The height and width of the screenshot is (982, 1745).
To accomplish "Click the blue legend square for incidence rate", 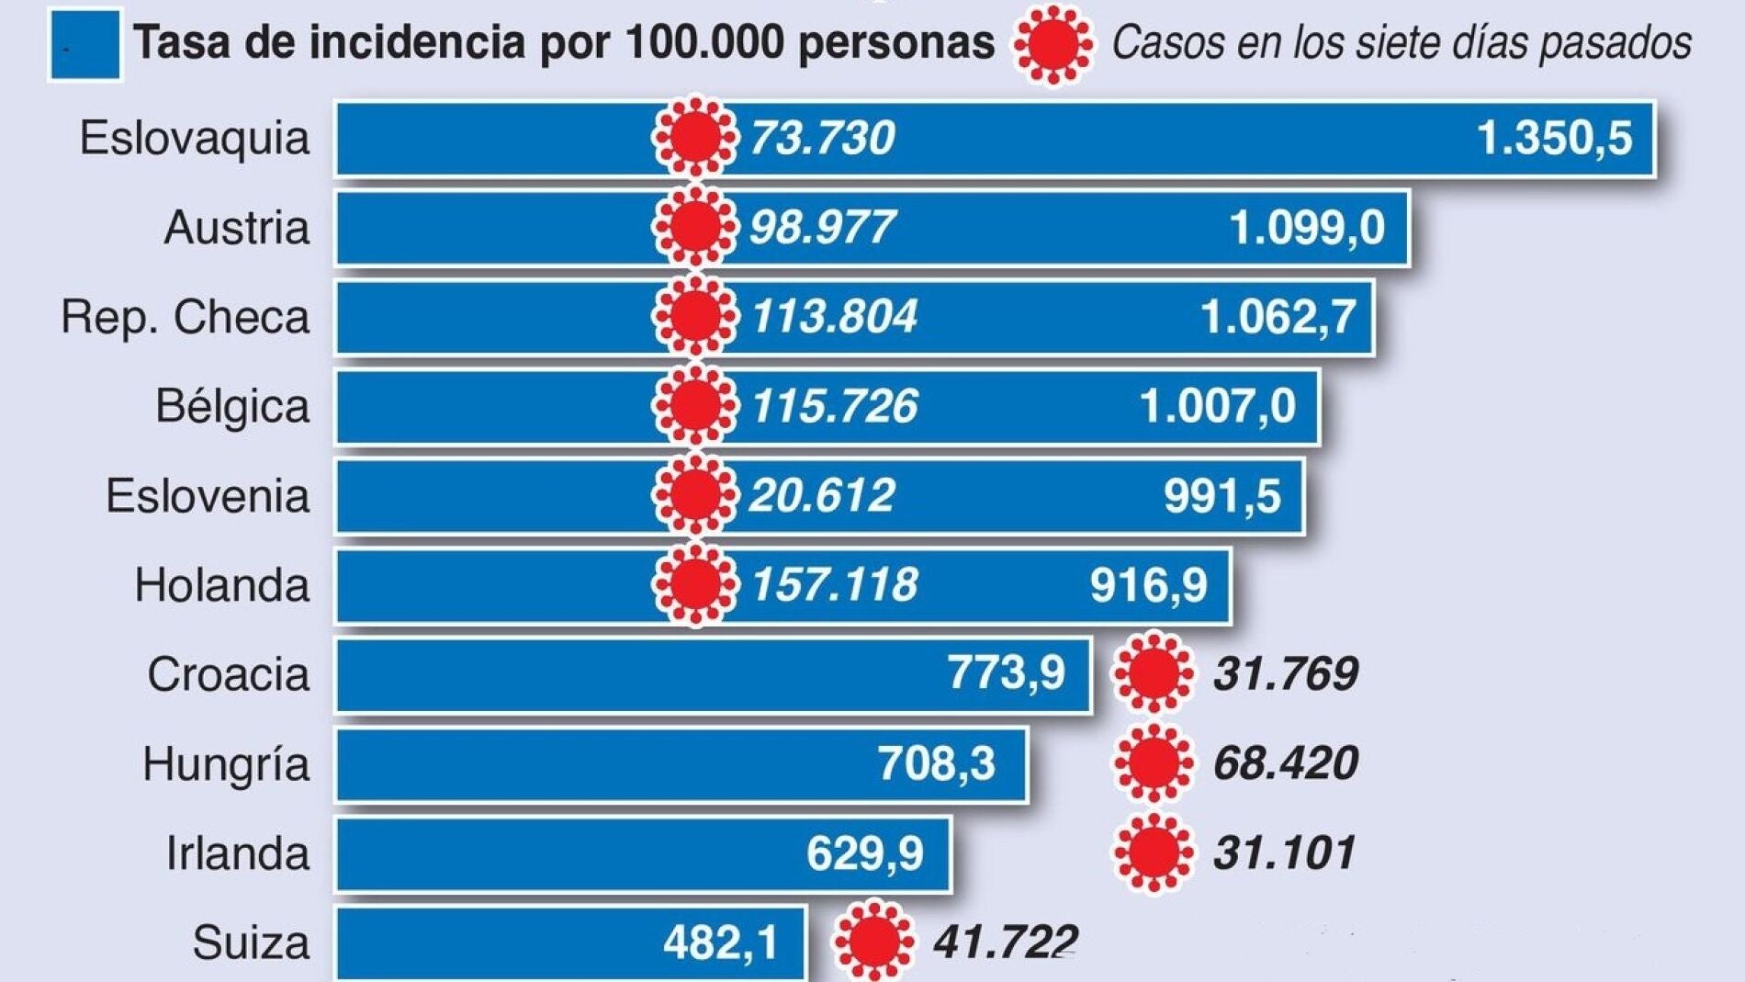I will [84, 45].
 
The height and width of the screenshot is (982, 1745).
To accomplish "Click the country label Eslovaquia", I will [195, 139].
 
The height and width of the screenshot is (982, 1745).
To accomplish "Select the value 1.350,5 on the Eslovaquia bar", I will [1554, 138].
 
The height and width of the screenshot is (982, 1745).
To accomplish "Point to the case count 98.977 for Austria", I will [822, 227].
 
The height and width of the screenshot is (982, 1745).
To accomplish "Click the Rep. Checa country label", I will [186, 317].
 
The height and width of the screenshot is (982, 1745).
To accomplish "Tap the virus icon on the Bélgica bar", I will [695, 405].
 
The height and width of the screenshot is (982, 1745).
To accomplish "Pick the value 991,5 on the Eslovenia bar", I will [1221, 496].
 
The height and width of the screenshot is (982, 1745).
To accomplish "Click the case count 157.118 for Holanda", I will [834, 584].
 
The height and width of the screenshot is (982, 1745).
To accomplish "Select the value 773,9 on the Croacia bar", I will [1006, 672].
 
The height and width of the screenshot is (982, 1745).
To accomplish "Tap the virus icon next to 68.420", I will [1154, 762].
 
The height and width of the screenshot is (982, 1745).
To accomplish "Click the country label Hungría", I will [226, 763].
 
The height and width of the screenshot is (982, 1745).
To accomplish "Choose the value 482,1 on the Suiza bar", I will [720, 942].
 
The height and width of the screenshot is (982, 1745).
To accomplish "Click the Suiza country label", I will [251, 942].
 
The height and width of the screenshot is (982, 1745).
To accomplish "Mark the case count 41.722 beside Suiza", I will [1005, 942].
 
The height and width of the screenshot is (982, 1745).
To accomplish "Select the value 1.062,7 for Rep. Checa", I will [1278, 317].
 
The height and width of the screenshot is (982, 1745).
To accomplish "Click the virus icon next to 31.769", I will [1154, 673].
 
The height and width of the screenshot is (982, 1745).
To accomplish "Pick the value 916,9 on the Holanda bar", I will [1148, 584].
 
